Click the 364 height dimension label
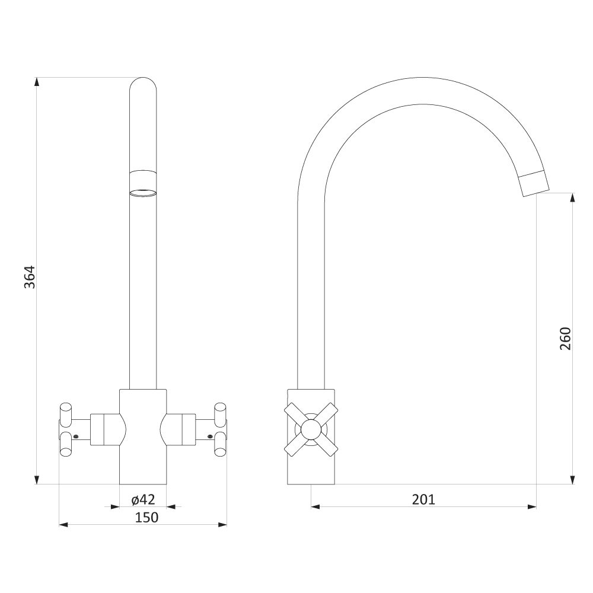click(30, 277)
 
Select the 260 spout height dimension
click(565, 339)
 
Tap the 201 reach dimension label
click(423, 499)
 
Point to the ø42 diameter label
click(144, 499)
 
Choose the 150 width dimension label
click(146, 517)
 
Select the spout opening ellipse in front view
click(143, 193)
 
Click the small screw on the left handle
click(76, 437)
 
